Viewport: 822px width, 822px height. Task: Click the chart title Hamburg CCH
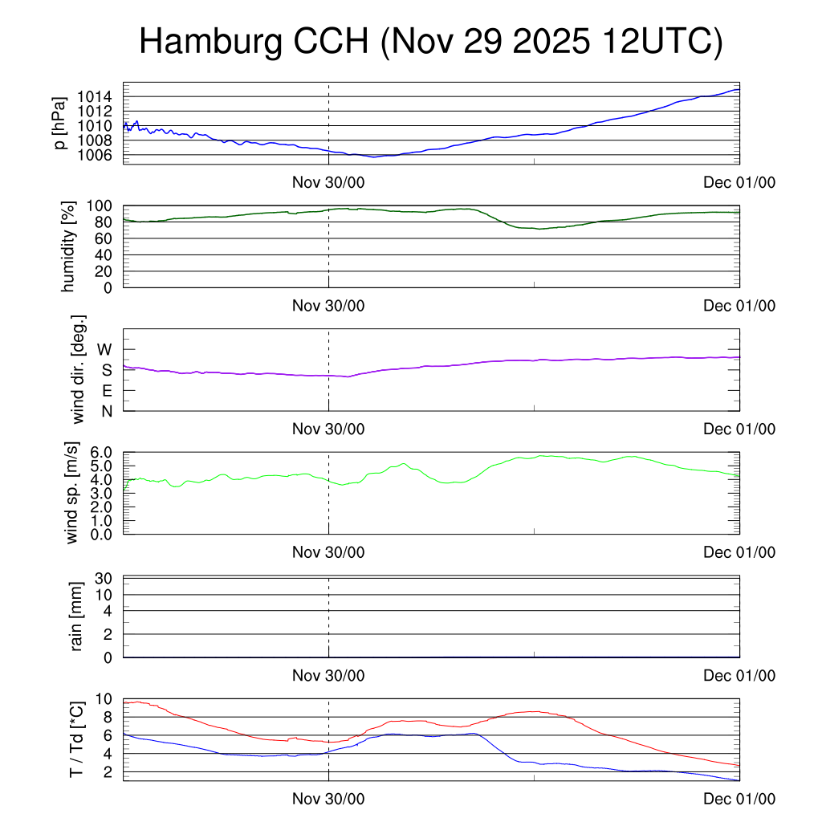tap(430, 42)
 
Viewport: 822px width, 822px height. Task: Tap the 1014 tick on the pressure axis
tap(98, 97)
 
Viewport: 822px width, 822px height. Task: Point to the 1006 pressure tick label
tap(98, 155)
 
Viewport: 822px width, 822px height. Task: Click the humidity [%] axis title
tap(68, 246)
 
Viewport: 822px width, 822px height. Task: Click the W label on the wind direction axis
tap(105, 349)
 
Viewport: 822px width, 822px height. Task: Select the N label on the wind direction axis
tap(106, 411)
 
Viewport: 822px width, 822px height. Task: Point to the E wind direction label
tap(106, 391)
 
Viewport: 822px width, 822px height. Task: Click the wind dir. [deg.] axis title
tap(78, 369)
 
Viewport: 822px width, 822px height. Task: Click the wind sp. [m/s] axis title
tap(73, 494)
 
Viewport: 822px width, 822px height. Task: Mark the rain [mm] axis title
tap(77, 617)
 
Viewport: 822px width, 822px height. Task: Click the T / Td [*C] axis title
tap(77, 739)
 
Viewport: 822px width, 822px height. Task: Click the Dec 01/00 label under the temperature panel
tap(739, 799)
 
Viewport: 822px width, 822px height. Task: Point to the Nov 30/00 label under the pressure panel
tap(328, 183)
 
